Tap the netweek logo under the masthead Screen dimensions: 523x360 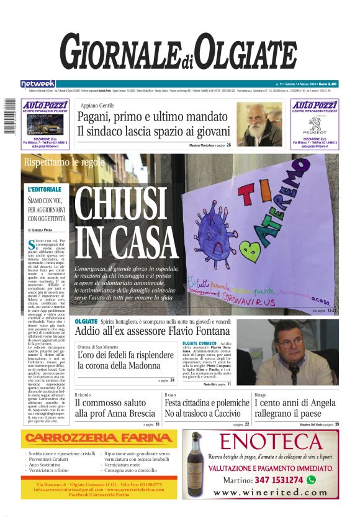click(x=38, y=84)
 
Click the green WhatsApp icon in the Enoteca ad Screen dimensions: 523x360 click(x=311, y=480)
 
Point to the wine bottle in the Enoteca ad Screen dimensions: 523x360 click(x=197, y=463)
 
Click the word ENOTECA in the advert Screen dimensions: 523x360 click(x=270, y=442)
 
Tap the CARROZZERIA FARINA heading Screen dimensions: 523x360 click(x=97, y=438)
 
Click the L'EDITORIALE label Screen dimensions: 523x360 click(x=45, y=189)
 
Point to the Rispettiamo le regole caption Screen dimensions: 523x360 click(x=64, y=162)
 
